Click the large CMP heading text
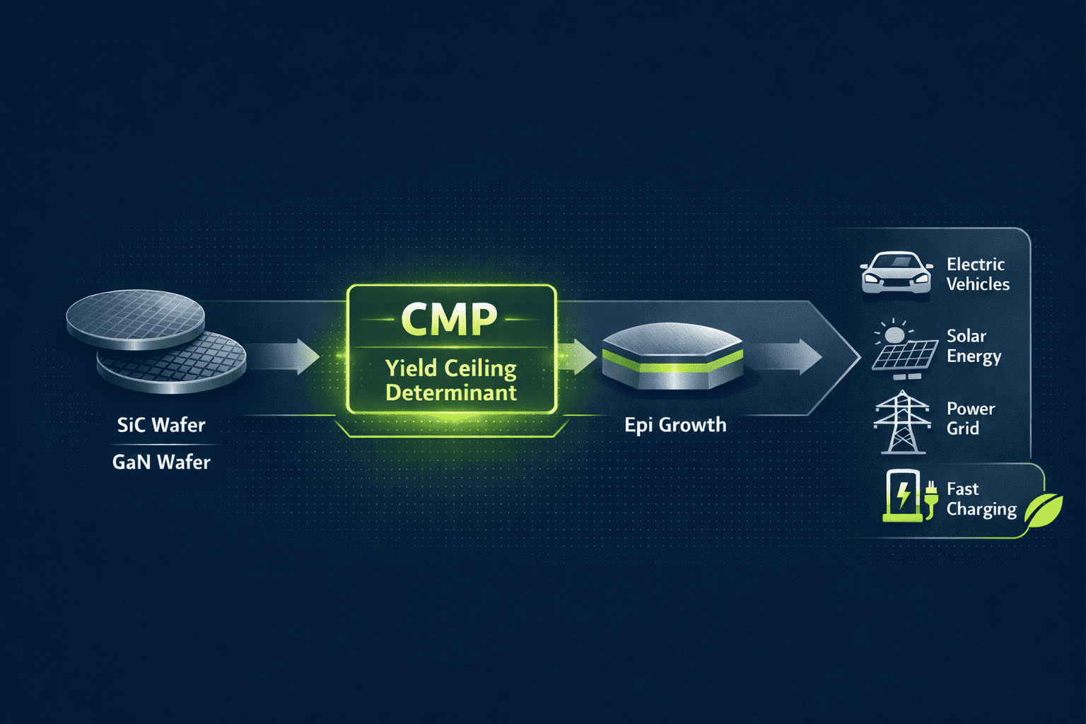pyautogui.click(x=450, y=320)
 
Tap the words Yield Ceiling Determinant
pyautogui.click(x=451, y=380)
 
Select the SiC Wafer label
pyautogui.click(x=161, y=425)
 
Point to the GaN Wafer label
pyautogui.click(x=161, y=462)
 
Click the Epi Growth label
pyautogui.click(x=675, y=425)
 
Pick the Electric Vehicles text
pyautogui.click(x=978, y=274)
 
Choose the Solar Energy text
pyautogui.click(x=974, y=346)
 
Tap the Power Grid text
pyautogui.click(x=970, y=419)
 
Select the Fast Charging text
pyautogui.click(x=981, y=499)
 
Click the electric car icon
pyautogui.click(x=896, y=273)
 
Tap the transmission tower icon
pyautogui.click(x=901, y=422)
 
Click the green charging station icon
pyautogui.click(x=904, y=496)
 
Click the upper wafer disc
pyautogui.click(x=135, y=322)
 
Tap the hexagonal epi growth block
pyautogui.click(x=672, y=356)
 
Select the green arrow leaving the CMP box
pyautogui.click(x=578, y=356)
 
